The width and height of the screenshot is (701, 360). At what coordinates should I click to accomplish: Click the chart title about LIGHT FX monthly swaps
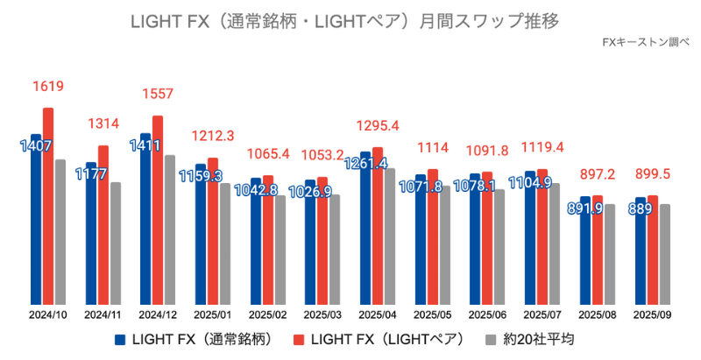[x=350, y=18]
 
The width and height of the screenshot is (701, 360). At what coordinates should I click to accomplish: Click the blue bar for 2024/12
[x=145, y=219]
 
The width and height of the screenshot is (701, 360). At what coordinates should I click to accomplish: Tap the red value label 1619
[x=48, y=87]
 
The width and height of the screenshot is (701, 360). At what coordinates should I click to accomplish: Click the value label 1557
[x=158, y=94]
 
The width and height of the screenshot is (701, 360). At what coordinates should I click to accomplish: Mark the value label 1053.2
[x=323, y=155]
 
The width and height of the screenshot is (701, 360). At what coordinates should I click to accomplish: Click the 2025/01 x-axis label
[x=213, y=314]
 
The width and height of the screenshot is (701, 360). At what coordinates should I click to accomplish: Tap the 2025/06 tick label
[x=487, y=314]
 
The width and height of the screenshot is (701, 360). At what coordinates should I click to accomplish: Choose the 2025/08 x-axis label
[x=598, y=314]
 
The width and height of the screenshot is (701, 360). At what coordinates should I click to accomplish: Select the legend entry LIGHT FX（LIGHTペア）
[x=379, y=339]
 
